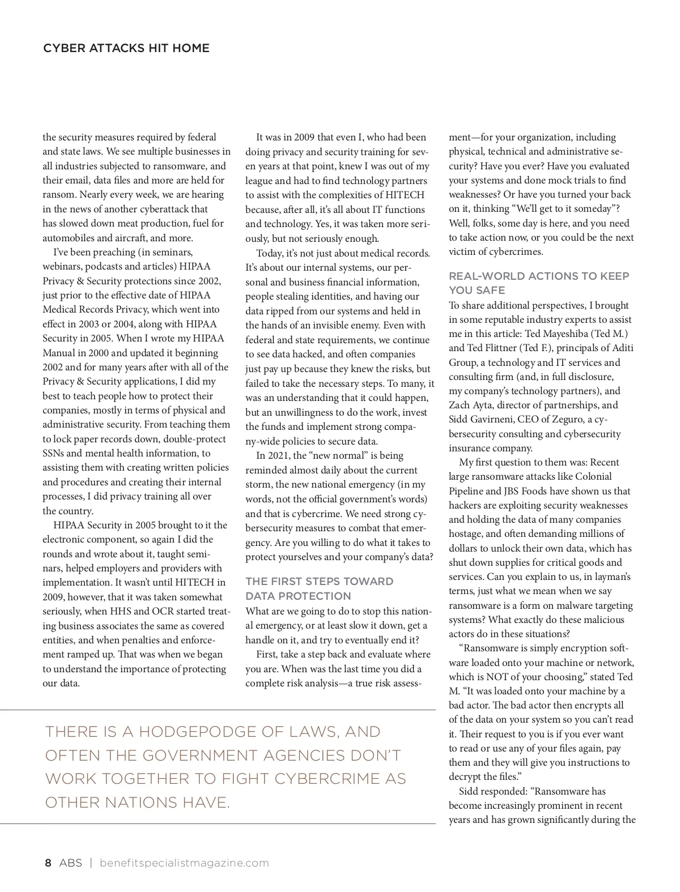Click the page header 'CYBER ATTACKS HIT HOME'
tap(126, 48)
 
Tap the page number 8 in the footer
tap(48, 863)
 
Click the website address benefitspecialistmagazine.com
tap(184, 863)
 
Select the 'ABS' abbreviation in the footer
tap(70, 863)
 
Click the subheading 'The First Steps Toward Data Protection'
tap(318, 588)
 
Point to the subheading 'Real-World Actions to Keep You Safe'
tap(538, 283)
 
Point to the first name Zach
tap(459, 405)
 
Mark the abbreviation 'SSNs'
tap(54, 453)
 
